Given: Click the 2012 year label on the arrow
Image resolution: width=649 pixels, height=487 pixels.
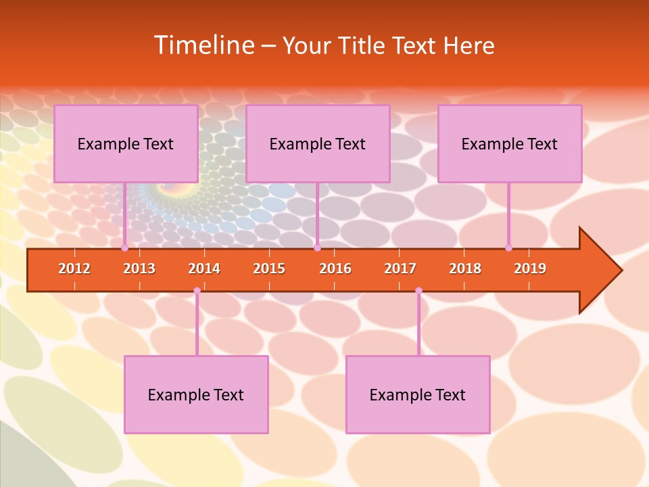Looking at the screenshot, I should pos(74,269).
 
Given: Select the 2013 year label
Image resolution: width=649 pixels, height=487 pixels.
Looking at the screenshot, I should pos(139,269).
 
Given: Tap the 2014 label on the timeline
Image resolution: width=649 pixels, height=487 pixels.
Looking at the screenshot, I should pos(204,269).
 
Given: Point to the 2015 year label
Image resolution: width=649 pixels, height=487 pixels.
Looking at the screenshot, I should pos(269,269).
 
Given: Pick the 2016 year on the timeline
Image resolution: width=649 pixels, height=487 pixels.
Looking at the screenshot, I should pos(335,269).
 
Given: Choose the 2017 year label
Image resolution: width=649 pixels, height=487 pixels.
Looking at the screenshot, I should pos(400,269).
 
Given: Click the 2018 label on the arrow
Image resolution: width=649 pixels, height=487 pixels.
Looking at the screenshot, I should pos(465,269).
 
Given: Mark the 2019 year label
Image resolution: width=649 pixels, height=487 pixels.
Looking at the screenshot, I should pos(530,269).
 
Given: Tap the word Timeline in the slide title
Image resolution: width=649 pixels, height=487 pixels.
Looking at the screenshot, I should pos(203,45).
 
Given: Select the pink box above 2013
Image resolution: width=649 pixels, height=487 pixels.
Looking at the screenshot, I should pos(126,143).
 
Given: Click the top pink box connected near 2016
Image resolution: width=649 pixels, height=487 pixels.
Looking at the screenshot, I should pos(318,143).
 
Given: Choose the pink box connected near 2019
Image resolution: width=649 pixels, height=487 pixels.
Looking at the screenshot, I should pos(510,143).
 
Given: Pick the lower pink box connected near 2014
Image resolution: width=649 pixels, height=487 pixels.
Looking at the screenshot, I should pos(196,394).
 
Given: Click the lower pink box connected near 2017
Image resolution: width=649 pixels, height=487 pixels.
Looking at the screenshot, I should pos(418,394).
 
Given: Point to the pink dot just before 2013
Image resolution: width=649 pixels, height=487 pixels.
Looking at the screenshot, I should pos(124,248).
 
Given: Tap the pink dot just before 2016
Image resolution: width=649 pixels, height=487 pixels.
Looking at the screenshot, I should pos(317,248).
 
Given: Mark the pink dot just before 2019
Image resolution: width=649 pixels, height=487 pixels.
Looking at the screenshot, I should pos(508,248).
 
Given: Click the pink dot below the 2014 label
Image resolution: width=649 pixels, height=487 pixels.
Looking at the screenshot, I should pos(197,291).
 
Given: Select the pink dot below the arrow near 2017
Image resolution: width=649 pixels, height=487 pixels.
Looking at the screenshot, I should pos(418,291).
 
